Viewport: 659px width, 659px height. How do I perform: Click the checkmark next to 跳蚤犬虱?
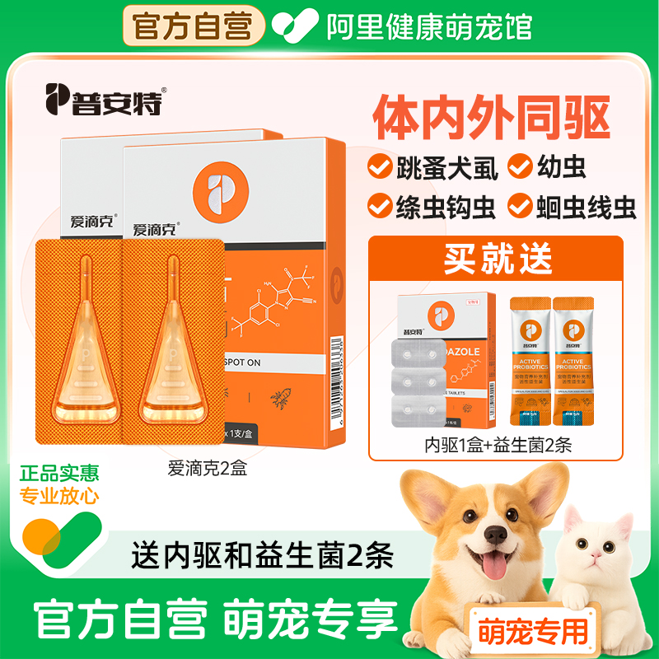pyautogui.click(x=378, y=166)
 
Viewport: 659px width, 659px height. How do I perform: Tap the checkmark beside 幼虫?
pyautogui.click(x=520, y=166)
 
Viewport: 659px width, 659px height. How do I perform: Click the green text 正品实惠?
pyautogui.click(x=60, y=474)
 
